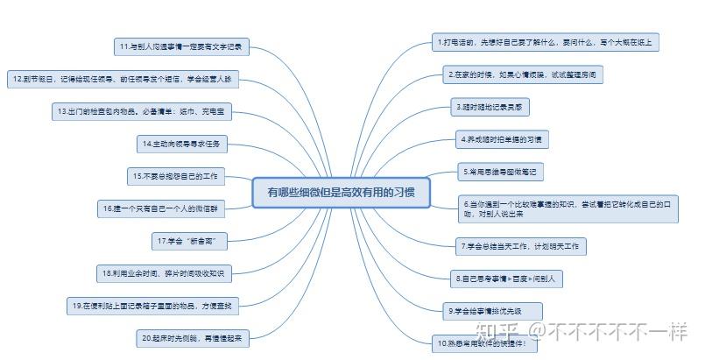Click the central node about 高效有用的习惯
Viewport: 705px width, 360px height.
341,192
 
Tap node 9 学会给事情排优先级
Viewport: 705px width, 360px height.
493,310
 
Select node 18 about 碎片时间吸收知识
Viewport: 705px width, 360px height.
163,273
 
